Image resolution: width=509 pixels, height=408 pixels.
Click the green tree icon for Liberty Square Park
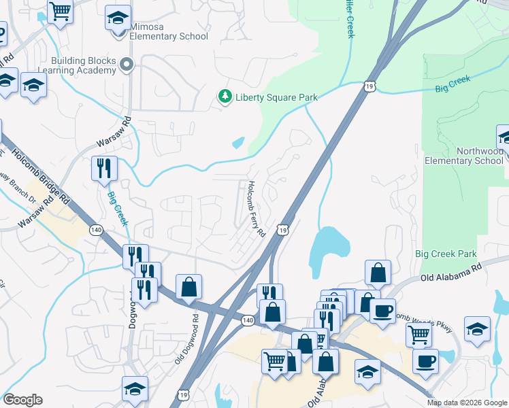(x=225, y=97)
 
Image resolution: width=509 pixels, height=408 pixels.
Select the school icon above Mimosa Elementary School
(x=118, y=18)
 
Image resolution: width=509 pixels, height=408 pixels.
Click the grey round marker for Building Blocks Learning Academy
(x=126, y=65)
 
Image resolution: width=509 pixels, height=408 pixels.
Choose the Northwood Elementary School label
(x=464, y=156)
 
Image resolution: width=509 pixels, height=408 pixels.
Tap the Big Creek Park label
(x=446, y=254)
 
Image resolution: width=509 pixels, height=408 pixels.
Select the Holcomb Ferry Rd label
(x=256, y=209)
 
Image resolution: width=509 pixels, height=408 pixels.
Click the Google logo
(x=22, y=400)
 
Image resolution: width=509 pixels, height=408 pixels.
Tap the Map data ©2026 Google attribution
(x=467, y=403)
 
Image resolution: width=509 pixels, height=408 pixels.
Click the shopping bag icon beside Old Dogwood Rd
(x=188, y=287)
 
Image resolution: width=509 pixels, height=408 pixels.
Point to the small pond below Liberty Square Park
(x=238, y=143)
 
